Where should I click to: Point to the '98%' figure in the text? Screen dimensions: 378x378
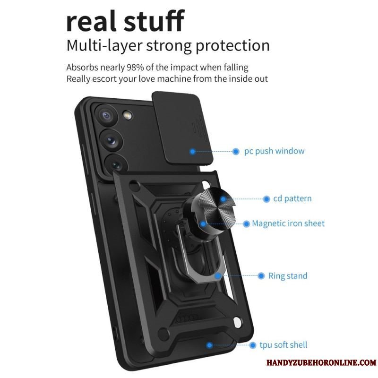pyautogui.click(x=135, y=68)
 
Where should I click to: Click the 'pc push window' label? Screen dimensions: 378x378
pyautogui.click(x=275, y=151)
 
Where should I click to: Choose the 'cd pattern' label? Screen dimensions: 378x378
pyautogui.click(x=292, y=198)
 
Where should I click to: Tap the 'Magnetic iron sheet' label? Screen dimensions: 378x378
pyautogui.click(x=288, y=223)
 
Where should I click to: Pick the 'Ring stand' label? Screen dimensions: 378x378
pyautogui.click(x=288, y=276)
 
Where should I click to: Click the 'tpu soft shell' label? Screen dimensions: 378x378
pyautogui.click(x=283, y=345)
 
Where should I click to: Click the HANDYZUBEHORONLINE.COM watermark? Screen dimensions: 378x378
pyautogui.click(x=321, y=362)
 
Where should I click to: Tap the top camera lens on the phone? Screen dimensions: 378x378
pyautogui.click(x=106, y=116)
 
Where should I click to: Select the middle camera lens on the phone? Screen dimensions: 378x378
pyautogui.click(x=111, y=140)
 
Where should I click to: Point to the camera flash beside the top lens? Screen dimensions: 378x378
pyautogui.click(x=126, y=115)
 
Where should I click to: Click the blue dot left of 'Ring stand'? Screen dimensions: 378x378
pyautogui.click(x=261, y=276)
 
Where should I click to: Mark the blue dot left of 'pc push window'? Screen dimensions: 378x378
pyautogui.click(x=236, y=152)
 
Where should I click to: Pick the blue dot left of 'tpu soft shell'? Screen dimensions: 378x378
pyautogui.click(x=252, y=345)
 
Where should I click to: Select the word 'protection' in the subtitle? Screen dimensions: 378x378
pyautogui.click(x=232, y=45)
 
